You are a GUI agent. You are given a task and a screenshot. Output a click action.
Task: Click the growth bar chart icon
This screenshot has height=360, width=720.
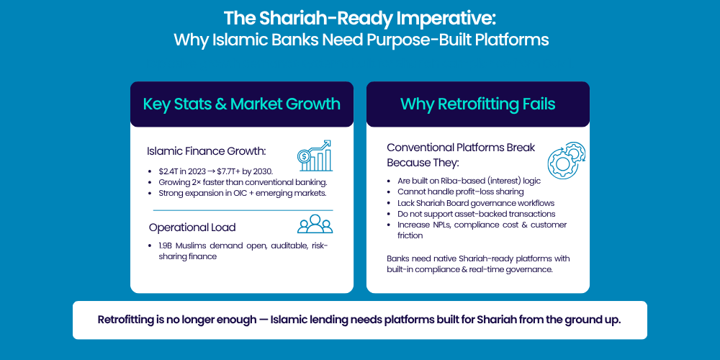(315, 156)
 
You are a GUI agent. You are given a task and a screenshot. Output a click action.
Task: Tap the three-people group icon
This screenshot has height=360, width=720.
(315, 224)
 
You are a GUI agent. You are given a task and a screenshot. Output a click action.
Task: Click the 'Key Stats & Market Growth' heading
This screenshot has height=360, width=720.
(241, 104)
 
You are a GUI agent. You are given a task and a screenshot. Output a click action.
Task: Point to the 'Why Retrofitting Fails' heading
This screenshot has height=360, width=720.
(477, 104)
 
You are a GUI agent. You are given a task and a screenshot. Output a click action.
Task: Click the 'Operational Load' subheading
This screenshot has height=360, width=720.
(192, 228)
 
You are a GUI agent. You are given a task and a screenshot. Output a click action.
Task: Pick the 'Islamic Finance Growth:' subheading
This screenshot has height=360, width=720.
(206, 151)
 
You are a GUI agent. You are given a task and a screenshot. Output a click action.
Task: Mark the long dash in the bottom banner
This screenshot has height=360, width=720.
(264, 320)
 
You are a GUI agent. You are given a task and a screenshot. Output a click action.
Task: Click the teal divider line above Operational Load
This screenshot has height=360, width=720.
(243, 210)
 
